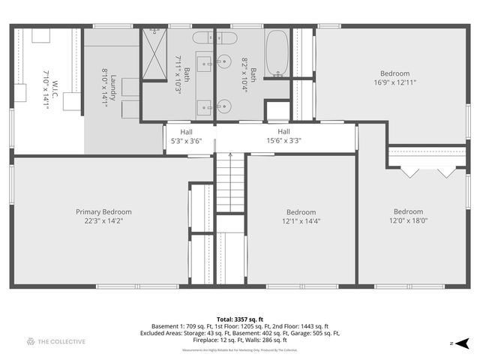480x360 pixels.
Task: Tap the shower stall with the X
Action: tap(154, 55)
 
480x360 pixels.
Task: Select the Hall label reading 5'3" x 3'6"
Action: tap(186, 131)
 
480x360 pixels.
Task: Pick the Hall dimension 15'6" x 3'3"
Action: tap(283, 140)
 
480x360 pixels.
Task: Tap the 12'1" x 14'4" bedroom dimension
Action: tap(301, 221)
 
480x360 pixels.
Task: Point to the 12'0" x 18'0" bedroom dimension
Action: tap(408, 220)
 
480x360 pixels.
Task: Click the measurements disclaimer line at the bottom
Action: tap(240, 349)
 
